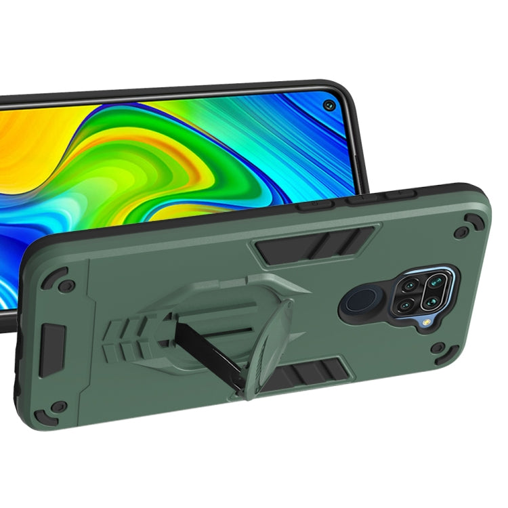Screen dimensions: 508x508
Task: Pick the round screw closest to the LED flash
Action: [438, 347]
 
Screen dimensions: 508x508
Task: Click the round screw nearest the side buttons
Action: [461, 232]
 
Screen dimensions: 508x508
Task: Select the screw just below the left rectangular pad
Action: [59, 406]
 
